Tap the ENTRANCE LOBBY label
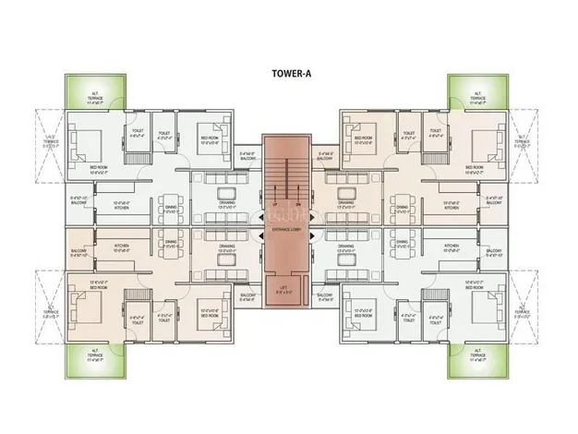(x=288, y=227)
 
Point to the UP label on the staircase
(x=275, y=203)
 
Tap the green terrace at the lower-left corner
(x=94, y=356)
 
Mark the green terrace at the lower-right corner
(x=480, y=356)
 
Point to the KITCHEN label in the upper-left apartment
(x=123, y=208)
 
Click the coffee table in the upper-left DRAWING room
(x=226, y=191)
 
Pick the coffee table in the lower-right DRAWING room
(x=348, y=260)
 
